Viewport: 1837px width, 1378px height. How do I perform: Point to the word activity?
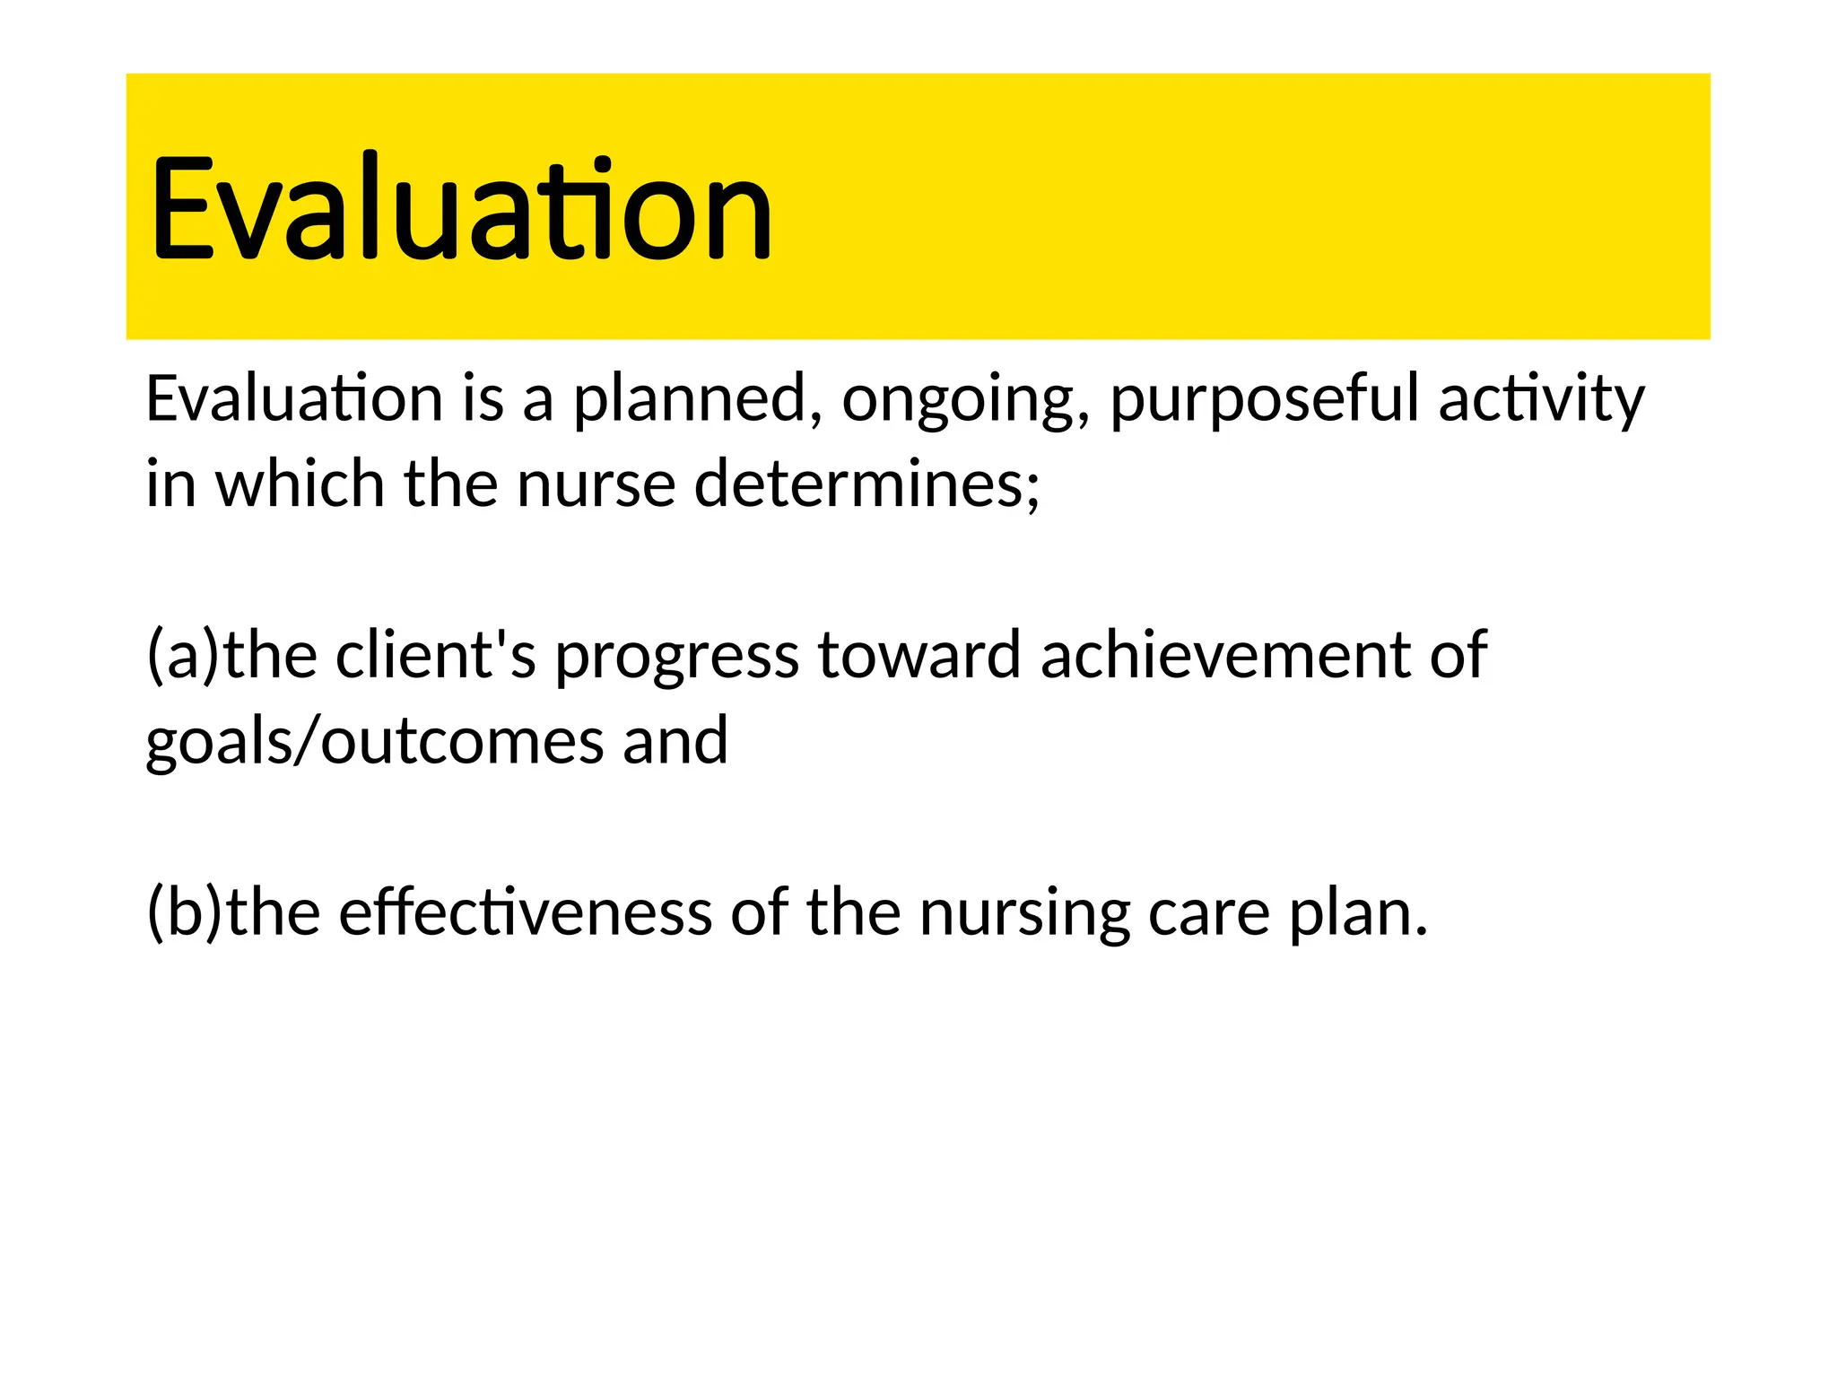[1542, 399]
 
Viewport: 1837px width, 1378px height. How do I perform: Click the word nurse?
[596, 484]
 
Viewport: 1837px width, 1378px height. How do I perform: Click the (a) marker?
[183, 655]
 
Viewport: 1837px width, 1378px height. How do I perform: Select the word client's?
[435, 655]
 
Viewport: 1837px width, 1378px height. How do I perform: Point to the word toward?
[919, 655]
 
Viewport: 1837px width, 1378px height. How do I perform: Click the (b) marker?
[184, 912]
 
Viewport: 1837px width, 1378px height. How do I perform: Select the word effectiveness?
[525, 912]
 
